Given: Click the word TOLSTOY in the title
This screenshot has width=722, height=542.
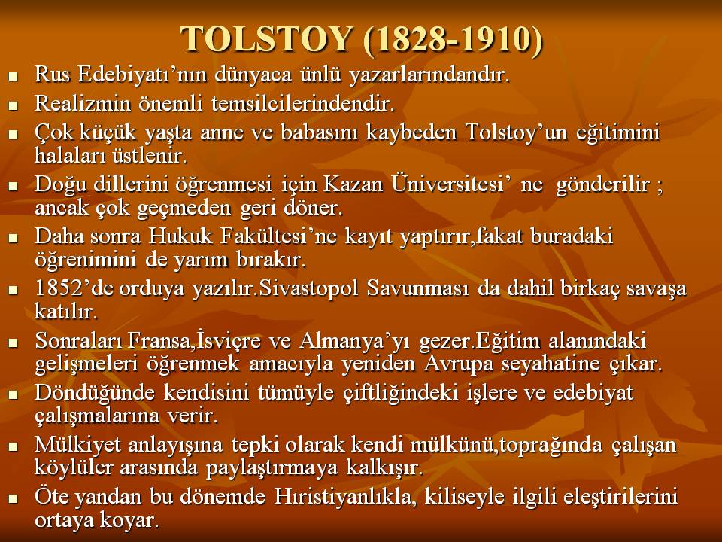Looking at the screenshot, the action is [x=266, y=39].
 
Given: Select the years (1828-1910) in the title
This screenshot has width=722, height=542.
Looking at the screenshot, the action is [x=453, y=41].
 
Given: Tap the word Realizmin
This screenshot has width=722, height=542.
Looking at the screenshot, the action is [x=83, y=103].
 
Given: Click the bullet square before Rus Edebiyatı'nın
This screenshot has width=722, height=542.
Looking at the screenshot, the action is [x=13, y=76].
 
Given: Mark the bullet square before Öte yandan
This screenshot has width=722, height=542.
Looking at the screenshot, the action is [x=13, y=498].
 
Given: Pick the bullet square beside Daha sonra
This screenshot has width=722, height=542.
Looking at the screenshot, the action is [x=13, y=238].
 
